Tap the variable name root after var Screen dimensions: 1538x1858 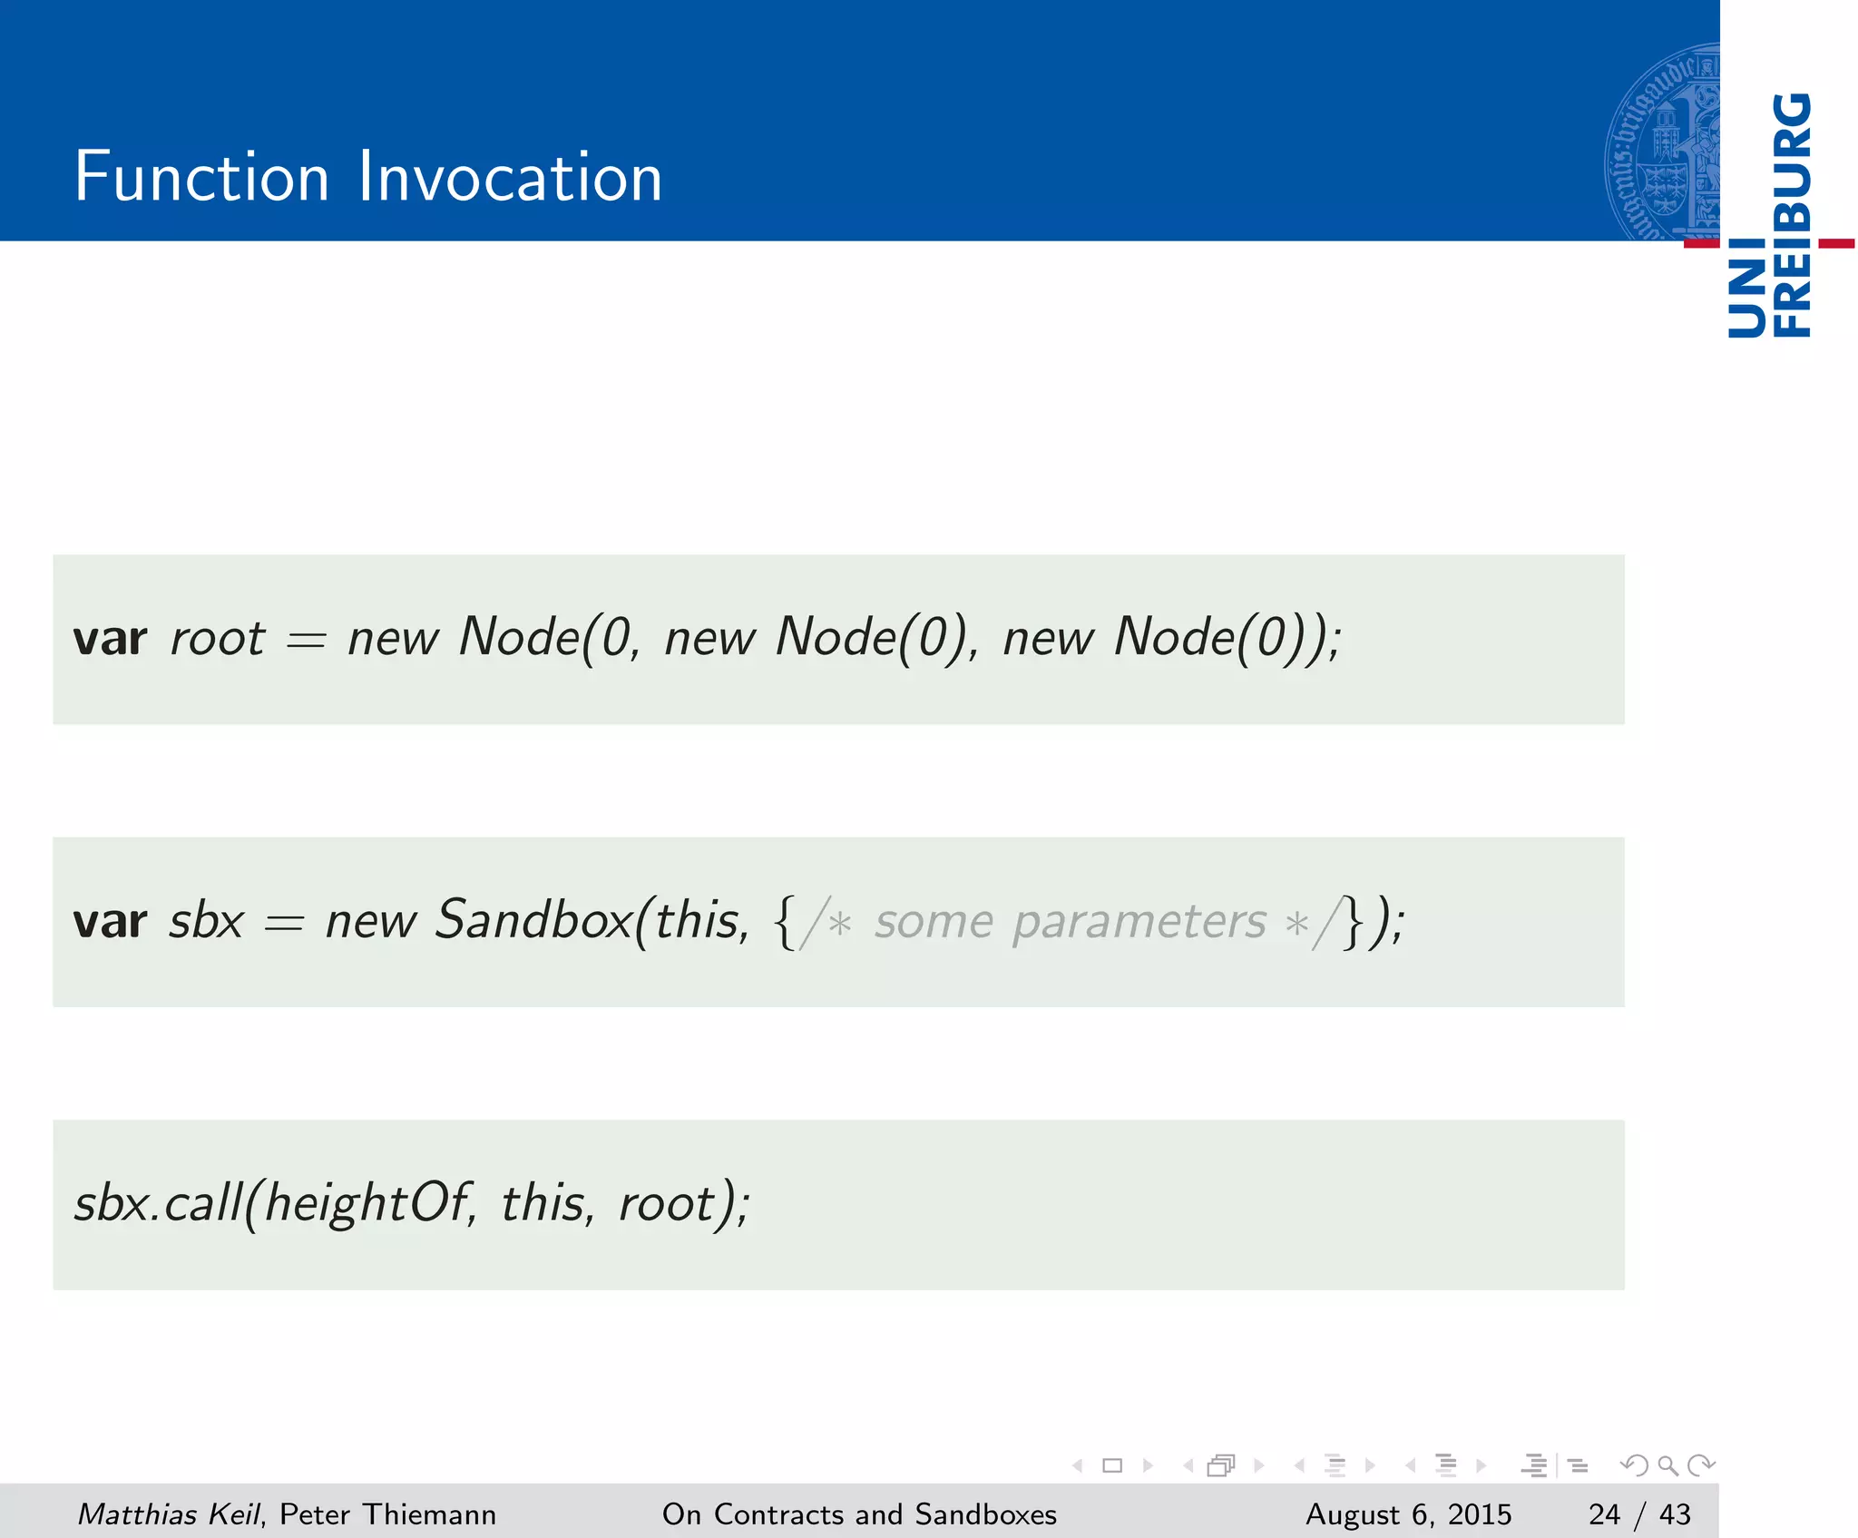[218, 638]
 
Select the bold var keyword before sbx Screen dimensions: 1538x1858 [110, 921]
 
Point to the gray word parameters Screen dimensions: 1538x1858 [1139, 923]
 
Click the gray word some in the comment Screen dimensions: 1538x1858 [934, 923]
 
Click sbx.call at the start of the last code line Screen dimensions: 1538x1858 [160, 1204]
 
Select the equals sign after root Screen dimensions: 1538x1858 [306, 641]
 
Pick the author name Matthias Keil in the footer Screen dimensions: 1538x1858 [169, 1514]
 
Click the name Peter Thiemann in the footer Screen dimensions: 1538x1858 [387, 1514]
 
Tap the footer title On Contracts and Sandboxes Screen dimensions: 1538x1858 [859, 1514]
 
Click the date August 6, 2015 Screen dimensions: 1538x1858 [1408, 1514]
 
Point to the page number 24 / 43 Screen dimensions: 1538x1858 [1639, 1514]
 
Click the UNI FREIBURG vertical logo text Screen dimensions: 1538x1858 [1769, 216]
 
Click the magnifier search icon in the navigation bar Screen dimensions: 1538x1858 [1667, 1465]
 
